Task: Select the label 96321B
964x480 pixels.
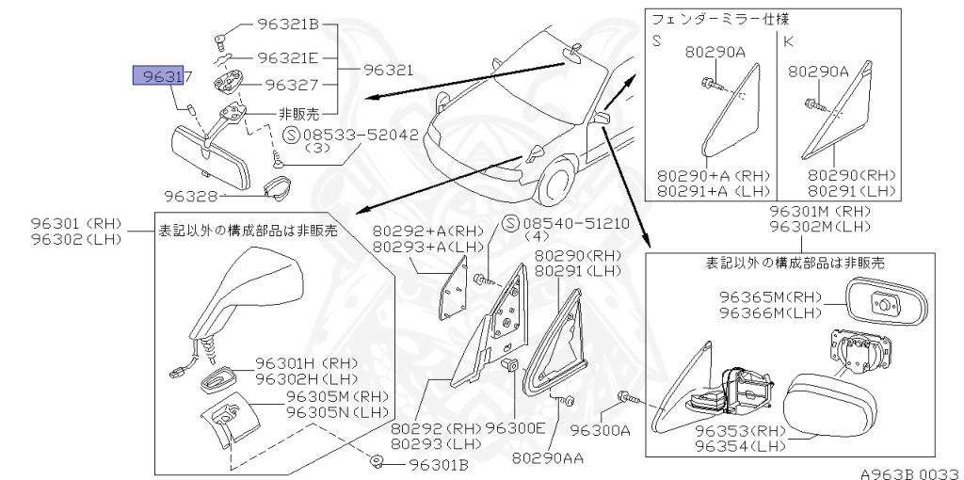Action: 288,25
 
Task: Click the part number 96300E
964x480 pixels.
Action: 515,427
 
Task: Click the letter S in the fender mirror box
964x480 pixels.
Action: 658,41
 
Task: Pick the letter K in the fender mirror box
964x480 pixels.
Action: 788,41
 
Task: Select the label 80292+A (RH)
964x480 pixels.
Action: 427,231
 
